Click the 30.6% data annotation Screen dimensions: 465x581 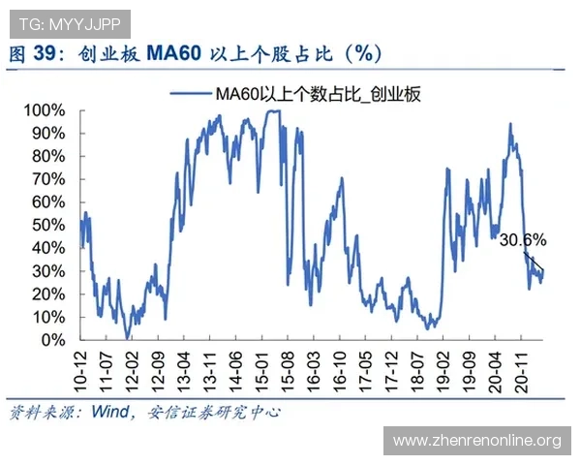pos(522,238)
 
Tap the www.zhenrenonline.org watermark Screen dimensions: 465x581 pos(477,441)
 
